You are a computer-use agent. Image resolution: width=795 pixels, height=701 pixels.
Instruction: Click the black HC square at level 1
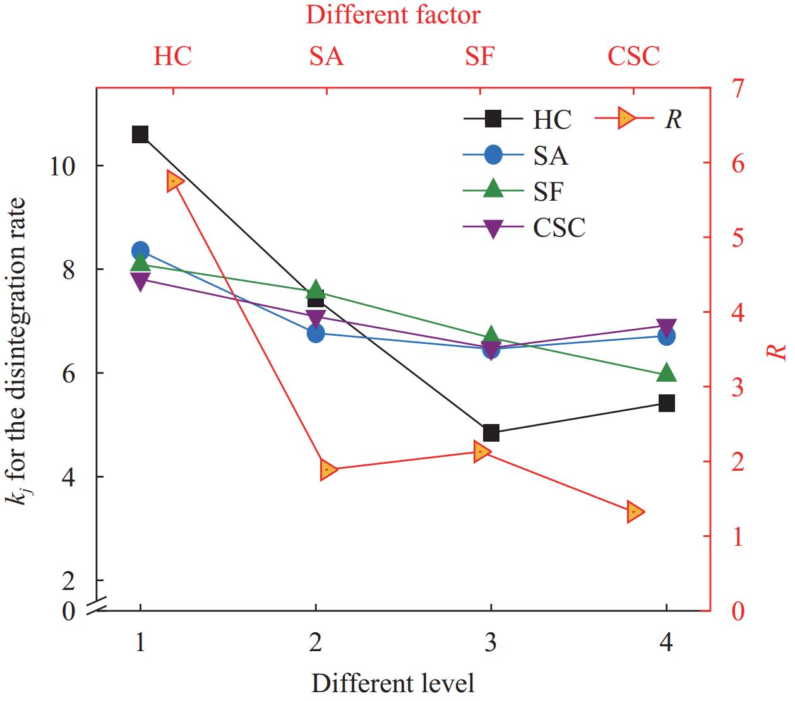140,134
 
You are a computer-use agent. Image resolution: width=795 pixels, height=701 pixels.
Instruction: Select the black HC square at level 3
491,433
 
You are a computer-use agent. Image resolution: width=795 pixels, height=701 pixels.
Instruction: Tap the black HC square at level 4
667,403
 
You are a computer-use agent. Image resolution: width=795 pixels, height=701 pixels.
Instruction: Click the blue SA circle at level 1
140,250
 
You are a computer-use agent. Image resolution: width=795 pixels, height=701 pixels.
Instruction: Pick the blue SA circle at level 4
667,336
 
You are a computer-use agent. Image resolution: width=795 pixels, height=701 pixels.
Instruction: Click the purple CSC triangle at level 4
667,327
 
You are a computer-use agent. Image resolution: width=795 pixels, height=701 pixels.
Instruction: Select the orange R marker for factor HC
176,182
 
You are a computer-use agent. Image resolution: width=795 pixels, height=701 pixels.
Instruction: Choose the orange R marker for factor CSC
635,512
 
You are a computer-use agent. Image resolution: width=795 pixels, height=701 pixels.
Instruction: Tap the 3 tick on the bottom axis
491,642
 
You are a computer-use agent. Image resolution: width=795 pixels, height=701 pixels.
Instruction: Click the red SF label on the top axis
480,56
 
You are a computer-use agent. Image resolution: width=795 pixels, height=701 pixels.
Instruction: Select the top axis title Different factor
393,15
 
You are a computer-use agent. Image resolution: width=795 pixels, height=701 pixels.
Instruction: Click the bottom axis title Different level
393,683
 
